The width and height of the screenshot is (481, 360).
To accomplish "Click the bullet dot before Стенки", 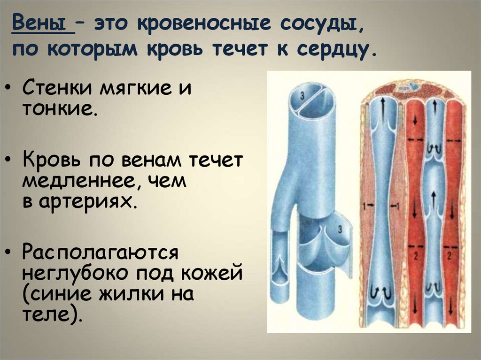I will click(x=10, y=88).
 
